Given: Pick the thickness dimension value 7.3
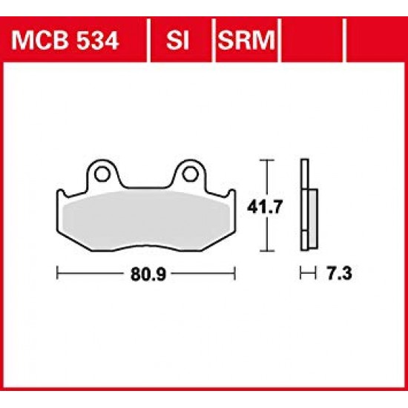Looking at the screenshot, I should click(336, 274).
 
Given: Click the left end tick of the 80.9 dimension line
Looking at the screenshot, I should click(58, 274).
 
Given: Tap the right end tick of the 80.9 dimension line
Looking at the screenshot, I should click(235, 274).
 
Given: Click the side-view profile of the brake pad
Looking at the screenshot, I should click(306, 205).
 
